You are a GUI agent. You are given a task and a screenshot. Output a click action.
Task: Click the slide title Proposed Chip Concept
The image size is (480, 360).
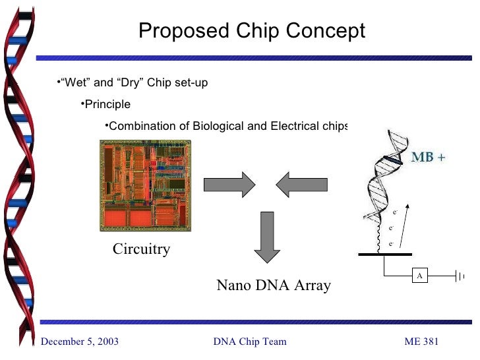pyautogui.click(x=251, y=31)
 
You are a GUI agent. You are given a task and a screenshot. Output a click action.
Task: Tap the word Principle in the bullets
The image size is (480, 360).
pyautogui.click(x=107, y=105)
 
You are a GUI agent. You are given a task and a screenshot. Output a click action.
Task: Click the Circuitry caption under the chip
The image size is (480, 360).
pyautogui.click(x=141, y=249)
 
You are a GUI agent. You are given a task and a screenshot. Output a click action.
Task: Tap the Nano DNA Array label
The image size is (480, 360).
pyautogui.click(x=274, y=285)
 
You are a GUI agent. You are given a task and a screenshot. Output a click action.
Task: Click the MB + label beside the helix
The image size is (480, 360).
pyautogui.click(x=429, y=158)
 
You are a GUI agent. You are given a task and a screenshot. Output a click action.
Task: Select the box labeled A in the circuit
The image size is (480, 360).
pyautogui.click(x=418, y=276)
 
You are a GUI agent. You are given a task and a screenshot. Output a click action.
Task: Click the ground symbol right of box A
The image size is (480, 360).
pyautogui.click(x=460, y=276)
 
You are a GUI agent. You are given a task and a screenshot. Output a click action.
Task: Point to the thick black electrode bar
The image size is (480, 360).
pyautogui.click(x=385, y=254)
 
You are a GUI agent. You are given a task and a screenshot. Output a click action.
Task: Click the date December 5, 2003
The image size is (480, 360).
pyautogui.click(x=80, y=341)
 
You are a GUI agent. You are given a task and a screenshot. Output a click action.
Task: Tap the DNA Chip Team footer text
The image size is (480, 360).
pyautogui.click(x=250, y=341)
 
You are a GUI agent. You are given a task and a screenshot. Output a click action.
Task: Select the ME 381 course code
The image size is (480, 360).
pyautogui.click(x=421, y=341)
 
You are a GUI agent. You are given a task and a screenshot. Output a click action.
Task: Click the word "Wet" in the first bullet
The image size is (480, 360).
pyautogui.click(x=73, y=83)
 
